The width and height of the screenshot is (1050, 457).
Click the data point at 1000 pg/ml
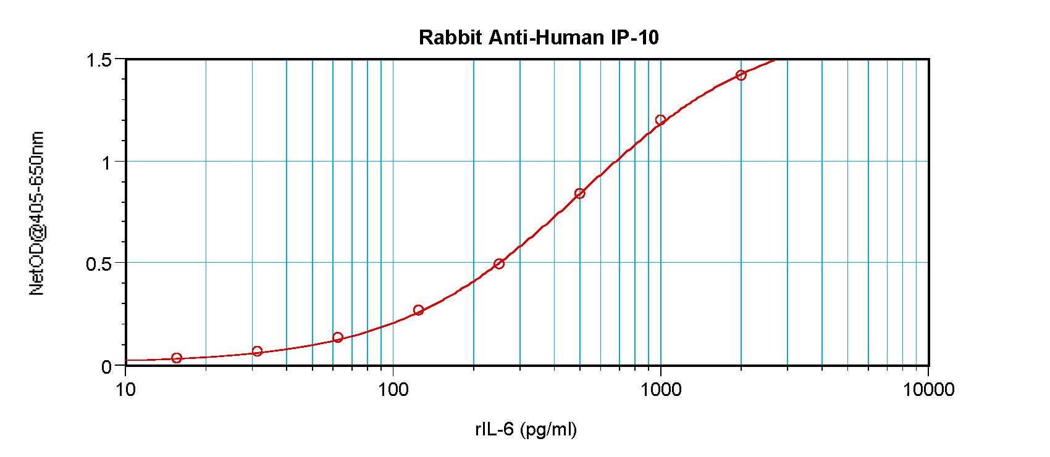pyautogui.click(x=660, y=120)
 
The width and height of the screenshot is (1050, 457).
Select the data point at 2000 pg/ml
pyautogui.click(x=741, y=75)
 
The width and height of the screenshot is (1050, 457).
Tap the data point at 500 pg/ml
pyautogui.click(x=579, y=194)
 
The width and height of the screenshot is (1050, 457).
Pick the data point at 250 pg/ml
pyautogui.click(x=499, y=264)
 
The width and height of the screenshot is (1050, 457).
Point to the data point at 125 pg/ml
pyautogui.click(x=418, y=310)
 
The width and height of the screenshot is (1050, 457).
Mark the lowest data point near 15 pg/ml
pyautogui.click(x=177, y=358)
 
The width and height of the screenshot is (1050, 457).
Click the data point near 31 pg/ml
pyautogui.click(x=258, y=352)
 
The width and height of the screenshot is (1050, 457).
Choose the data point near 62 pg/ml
pyautogui.click(x=338, y=337)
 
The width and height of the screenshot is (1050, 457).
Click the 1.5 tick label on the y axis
pyautogui.click(x=99, y=60)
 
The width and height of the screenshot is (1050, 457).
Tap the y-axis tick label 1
pyautogui.click(x=106, y=163)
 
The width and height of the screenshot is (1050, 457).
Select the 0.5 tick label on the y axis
pyautogui.click(x=99, y=265)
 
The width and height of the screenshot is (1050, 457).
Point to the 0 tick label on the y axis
pyautogui.click(x=106, y=367)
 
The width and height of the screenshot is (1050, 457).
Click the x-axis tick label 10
pyautogui.click(x=126, y=390)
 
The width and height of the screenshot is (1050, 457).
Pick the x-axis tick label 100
pyautogui.click(x=393, y=390)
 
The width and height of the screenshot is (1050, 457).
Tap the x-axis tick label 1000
pyautogui.click(x=661, y=390)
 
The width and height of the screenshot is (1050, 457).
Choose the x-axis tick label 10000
pyautogui.click(x=928, y=390)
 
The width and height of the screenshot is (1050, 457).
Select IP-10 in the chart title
pyautogui.click(x=635, y=38)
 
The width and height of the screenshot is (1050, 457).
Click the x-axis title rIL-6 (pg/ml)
pyautogui.click(x=526, y=429)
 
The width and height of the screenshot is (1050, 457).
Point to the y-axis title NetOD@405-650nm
pyautogui.click(x=37, y=213)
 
